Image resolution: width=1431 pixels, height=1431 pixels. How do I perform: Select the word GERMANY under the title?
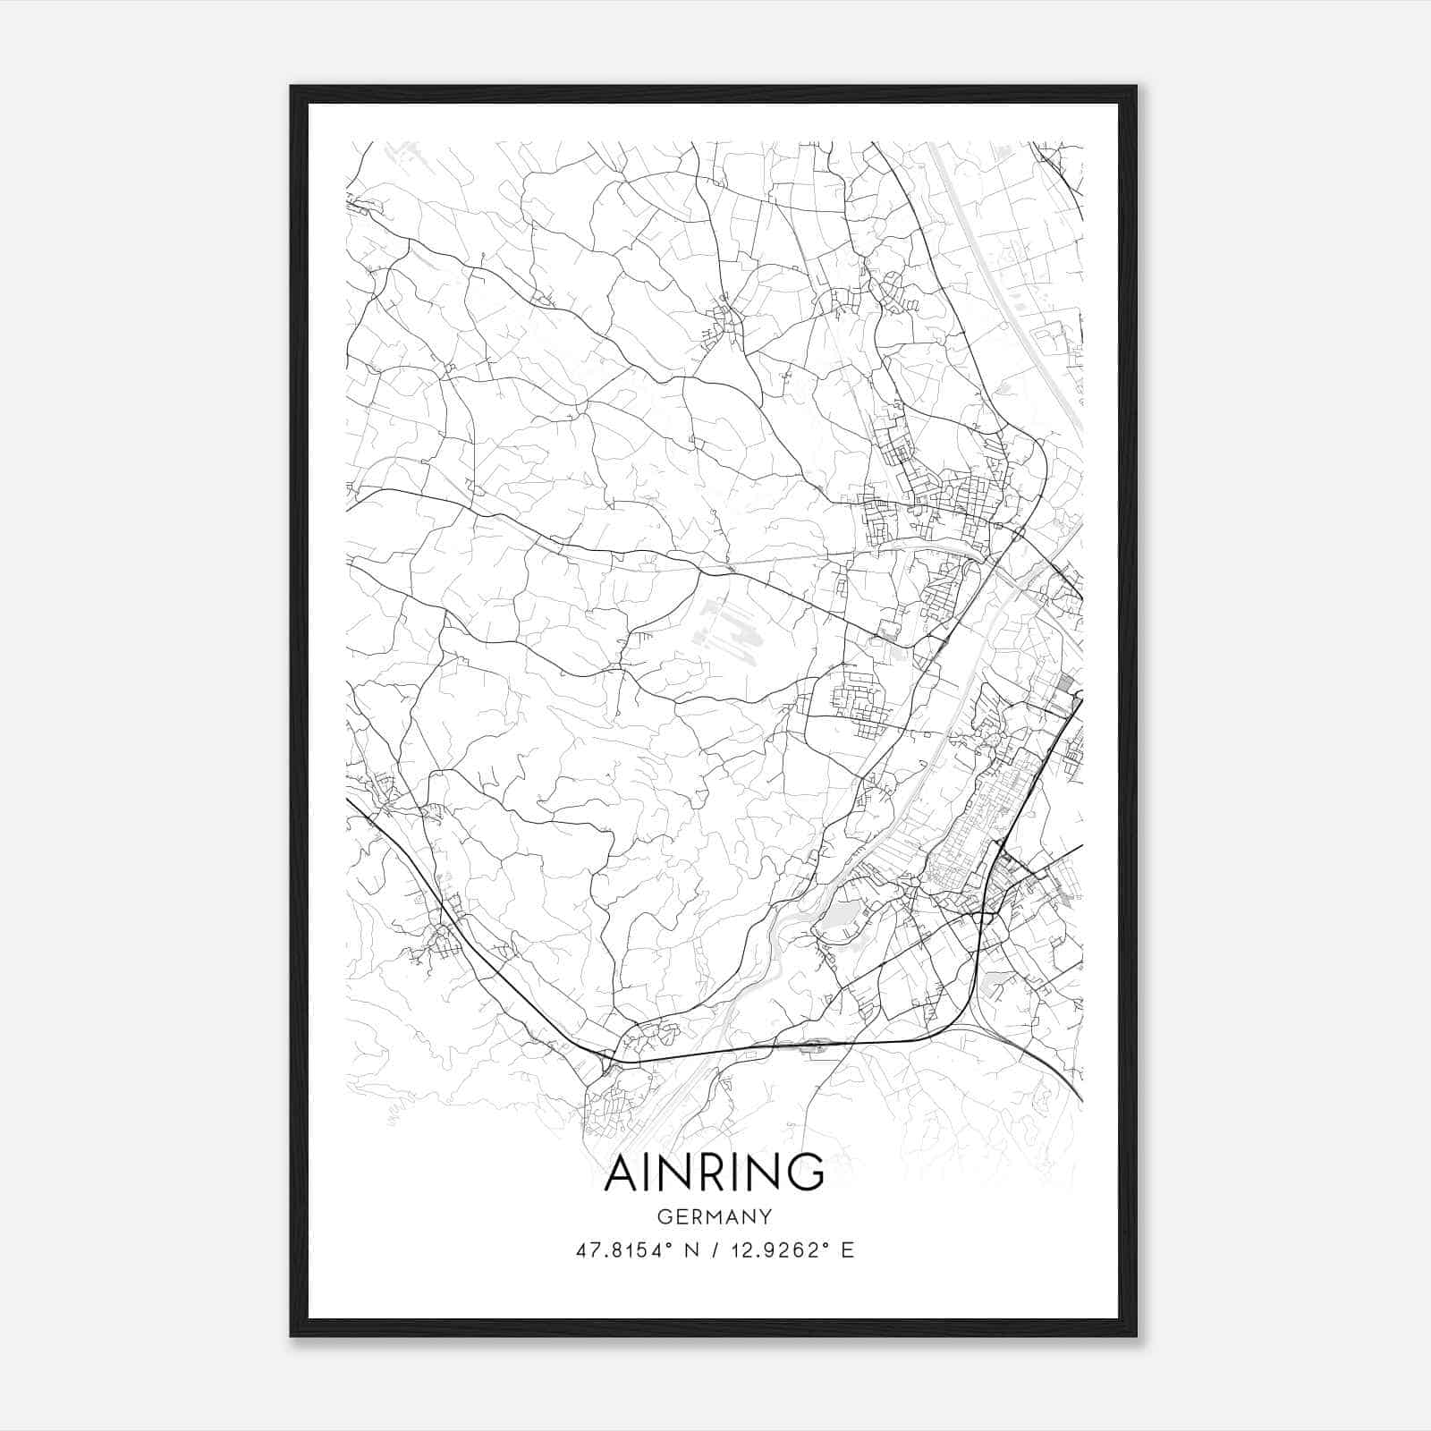[x=714, y=1216]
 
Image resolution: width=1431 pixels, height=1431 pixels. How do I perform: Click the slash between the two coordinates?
[x=711, y=1250]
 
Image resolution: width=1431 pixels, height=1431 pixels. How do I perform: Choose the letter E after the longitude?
[x=847, y=1250]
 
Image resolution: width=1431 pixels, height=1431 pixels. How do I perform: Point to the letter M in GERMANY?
[x=711, y=1216]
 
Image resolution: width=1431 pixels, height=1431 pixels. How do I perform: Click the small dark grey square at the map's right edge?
[x=1064, y=683]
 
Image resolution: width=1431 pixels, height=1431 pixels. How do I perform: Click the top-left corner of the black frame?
[x=292, y=87]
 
